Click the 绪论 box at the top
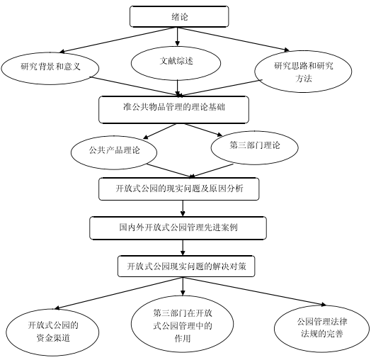point(179,16)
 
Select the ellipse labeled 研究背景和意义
point(50,68)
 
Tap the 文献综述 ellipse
point(176,63)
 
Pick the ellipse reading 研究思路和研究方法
point(303,72)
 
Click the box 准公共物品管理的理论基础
point(173,110)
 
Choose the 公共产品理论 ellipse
point(114,152)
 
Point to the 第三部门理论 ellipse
point(254,147)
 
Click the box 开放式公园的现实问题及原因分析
point(179,189)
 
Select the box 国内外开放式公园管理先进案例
point(178,228)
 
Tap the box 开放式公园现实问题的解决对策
point(186,266)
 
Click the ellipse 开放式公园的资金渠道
point(52,332)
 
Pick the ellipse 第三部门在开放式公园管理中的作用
point(183,324)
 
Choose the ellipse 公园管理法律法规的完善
point(321,329)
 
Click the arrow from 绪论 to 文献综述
point(177,37)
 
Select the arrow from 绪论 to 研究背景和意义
point(118,40)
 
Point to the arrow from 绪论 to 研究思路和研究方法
point(234,39)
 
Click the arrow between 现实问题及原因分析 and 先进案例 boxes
point(183,208)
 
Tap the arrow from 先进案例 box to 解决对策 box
point(183,247)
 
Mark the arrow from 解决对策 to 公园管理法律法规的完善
point(255,291)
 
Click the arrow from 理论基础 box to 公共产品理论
point(160,131)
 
